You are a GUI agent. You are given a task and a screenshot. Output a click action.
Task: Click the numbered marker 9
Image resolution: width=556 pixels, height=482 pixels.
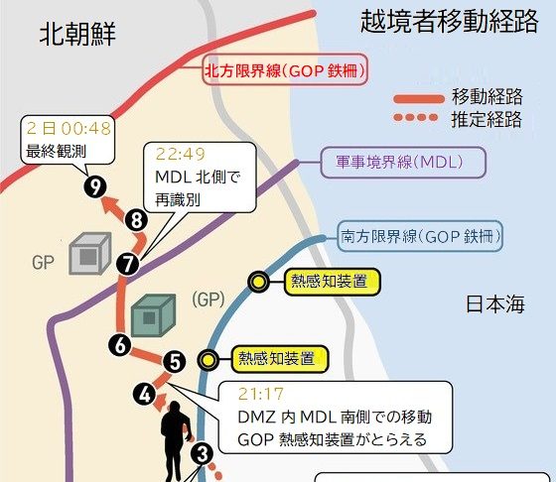(x=95, y=186)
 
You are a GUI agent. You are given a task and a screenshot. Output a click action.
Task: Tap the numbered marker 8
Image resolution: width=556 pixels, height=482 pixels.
(x=137, y=220)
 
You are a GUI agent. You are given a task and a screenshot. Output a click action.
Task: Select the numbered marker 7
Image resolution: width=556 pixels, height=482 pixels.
(x=128, y=264)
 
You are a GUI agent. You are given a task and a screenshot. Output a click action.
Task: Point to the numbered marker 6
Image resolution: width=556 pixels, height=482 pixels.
(x=120, y=345)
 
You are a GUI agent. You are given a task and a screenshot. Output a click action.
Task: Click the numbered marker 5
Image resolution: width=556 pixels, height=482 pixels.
(x=175, y=362)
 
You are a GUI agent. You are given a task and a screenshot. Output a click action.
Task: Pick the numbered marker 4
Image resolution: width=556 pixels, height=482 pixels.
(x=144, y=394)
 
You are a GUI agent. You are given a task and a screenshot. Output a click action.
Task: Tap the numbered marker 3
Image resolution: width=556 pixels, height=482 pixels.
(x=203, y=454)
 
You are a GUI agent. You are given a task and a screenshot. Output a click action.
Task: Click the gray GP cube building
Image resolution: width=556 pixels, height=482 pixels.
(x=90, y=253)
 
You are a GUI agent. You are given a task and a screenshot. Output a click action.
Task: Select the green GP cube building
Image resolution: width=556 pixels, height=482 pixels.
(x=153, y=314)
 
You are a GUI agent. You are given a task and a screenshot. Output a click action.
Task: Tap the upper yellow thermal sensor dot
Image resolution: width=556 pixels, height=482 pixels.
(x=259, y=282)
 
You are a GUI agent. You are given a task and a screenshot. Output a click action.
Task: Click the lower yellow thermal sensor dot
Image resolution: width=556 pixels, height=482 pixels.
(x=208, y=360)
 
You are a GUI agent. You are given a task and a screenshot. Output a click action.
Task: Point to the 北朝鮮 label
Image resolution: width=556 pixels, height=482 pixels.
(x=77, y=34)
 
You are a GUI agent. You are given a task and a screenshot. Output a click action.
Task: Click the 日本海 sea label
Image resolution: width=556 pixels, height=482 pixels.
(x=494, y=304)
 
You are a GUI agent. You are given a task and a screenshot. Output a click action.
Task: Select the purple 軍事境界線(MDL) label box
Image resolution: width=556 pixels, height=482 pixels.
(x=403, y=163)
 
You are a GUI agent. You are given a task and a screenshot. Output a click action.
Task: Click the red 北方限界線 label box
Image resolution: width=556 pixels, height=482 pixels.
(x=285, y=69)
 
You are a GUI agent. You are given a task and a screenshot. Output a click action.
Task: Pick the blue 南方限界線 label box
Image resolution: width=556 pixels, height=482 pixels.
(x=420, y=236)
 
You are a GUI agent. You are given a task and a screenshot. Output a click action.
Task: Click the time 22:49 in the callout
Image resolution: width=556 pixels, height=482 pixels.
(x=181, y=154)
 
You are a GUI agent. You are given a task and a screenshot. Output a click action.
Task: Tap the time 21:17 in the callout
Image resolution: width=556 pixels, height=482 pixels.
(x=261, y=394)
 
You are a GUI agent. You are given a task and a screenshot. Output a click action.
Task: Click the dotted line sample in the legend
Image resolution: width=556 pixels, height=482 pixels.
(x=416, y=117)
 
